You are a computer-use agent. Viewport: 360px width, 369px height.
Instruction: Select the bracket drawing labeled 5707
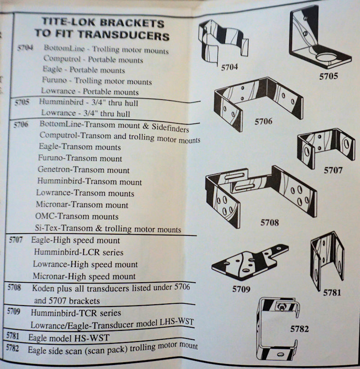(325, 146)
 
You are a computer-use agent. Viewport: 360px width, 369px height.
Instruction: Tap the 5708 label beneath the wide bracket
(269, 222)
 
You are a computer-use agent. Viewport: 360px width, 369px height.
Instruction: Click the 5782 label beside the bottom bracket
(300, 329)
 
